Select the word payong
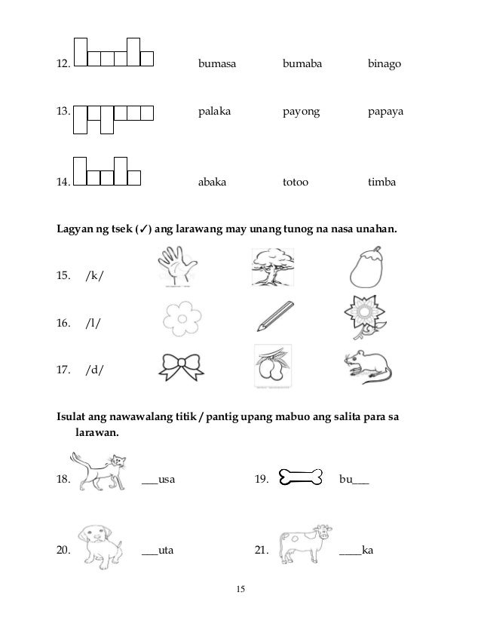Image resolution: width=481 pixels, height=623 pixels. (301, 112)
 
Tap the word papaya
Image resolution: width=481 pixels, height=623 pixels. (384, 112)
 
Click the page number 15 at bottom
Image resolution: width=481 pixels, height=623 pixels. (240, 589)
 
